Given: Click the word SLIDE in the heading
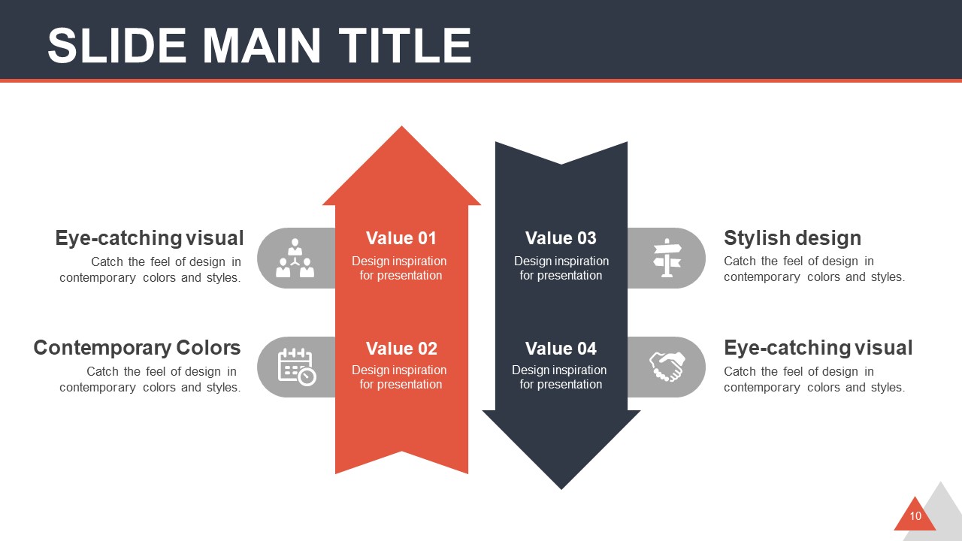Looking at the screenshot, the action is pos(116,46).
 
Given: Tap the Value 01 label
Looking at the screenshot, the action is pos(401,238).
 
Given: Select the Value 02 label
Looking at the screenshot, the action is pos(401,348).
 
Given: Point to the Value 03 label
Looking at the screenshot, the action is pos(561,238).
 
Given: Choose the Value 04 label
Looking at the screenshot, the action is pos(561,348).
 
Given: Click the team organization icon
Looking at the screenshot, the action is pos(295,258).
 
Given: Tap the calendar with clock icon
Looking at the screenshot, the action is pos(297,367).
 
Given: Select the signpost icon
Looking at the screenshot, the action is pos(667,258).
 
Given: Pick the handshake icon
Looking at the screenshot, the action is pos(667,367).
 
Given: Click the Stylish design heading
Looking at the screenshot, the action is pos(792,238).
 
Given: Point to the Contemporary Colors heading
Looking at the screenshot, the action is pos(137,348).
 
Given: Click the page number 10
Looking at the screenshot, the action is pos(915,516).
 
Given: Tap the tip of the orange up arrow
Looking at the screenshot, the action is pos(401,126).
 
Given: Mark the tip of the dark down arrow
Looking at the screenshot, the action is pos(561,489).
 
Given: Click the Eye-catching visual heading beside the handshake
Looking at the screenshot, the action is pos(818,348).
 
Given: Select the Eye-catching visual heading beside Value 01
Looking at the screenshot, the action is pos(150,238).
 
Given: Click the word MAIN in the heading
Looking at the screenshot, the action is pos(262,46).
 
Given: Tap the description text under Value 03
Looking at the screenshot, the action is pos(561,268).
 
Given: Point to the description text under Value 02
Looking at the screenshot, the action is pos(399,377).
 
